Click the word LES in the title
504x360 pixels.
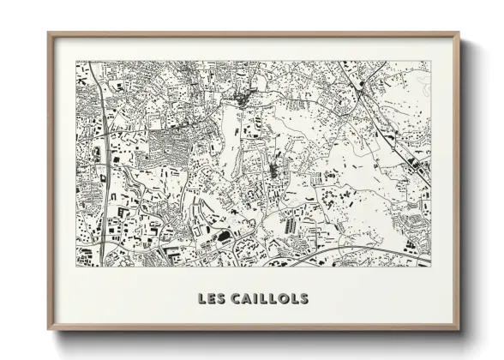click(x=212, y=299)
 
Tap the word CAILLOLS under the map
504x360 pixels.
click(x=269, y=299)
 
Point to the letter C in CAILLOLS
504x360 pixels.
click(x=236, y=299)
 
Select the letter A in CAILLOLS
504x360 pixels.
click(x=246, y=299)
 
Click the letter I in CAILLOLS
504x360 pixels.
click(x=255, y=299)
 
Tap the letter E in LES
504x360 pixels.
click(x=212, y=299)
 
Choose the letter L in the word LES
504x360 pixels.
click(x=201, y=299)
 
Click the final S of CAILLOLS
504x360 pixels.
click(x=303, y=299)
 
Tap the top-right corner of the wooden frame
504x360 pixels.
click(x=459, y=33)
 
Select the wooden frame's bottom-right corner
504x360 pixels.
click(x=459, y=330)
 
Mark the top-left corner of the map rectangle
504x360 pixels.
click(x=76, y=61)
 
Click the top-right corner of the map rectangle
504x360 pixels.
click(x=430, y=61)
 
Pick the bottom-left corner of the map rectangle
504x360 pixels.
click(x=76, y=267)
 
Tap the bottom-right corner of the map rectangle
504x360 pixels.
click(x=430, y=267)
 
